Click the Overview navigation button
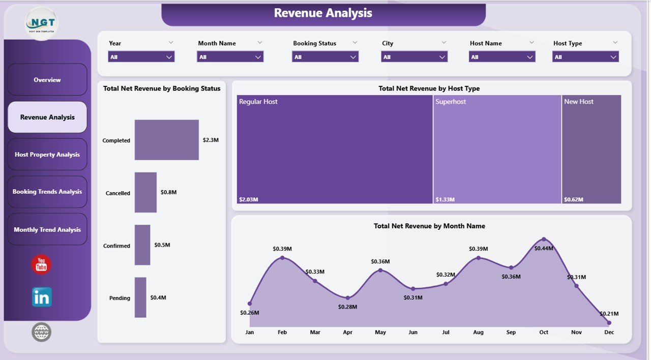click(x=47, y=80)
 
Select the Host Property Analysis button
click(x=47, y=155)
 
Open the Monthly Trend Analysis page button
click(x=47, y=229)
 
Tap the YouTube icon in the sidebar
click(x=41, y=264)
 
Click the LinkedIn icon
click(x=42, y=297)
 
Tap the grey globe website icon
click(x=41, y=332)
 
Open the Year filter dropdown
click(x=141, y=57)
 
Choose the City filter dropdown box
click(x=414, y=57)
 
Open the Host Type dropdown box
click(x=585, y=57)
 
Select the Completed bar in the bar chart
click(x=166, y=140)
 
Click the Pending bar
click(x=140, y=297)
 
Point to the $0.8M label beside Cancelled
click(x=168, y=192)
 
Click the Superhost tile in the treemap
click(x=497, y=149)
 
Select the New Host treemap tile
click(x=591, y=149)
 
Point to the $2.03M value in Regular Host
click(x=249, y=199)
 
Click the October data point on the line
click(x=544, y=239)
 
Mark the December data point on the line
click(x=609, y=322)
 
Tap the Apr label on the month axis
click(x=347, y=332)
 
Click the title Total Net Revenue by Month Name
click(x=429, y=226)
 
